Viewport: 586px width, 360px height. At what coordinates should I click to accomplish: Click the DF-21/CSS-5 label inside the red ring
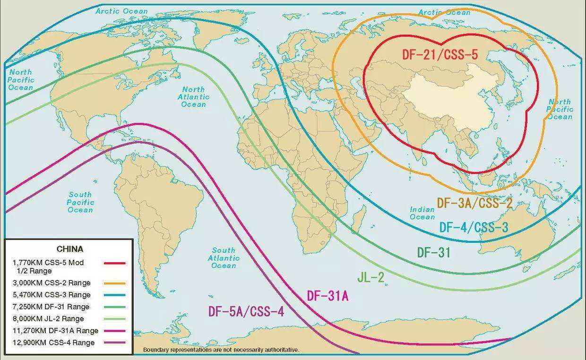440,54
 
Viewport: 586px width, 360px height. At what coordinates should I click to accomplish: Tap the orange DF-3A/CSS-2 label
474,203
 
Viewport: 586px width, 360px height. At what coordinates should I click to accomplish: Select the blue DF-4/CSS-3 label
474,227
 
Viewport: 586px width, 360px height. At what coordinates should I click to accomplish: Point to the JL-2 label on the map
371,277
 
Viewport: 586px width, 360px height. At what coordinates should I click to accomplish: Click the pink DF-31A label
327,296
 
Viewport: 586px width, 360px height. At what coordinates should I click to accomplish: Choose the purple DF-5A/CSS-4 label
246,311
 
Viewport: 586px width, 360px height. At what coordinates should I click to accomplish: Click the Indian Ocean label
422,213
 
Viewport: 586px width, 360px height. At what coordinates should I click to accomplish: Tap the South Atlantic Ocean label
224,257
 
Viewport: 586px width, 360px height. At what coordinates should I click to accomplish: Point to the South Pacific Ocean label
81,202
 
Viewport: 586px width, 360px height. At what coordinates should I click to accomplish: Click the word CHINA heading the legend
69,249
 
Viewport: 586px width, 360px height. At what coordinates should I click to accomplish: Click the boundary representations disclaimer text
221,350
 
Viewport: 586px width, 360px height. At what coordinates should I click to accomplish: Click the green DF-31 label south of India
433,252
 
